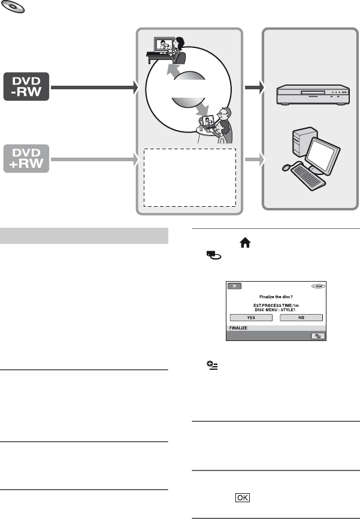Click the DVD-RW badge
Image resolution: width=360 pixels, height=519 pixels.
tap(28, 88)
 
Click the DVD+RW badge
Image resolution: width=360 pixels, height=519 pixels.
tap(28, 160)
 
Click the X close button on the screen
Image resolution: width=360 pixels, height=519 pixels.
tap(235, 286)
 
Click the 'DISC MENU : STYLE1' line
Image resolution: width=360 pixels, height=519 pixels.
tap(276, 309)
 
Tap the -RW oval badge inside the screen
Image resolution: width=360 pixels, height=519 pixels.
tap(316, 286)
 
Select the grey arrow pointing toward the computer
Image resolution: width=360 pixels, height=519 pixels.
tap(254, 160)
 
